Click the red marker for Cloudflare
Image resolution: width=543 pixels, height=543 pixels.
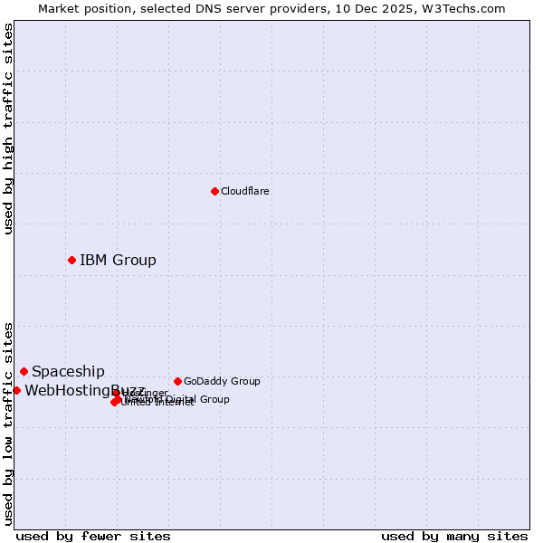click(x=214, y=191)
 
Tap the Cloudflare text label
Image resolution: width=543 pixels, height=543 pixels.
click(x=245, y=192)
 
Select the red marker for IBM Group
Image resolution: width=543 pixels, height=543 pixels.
click(x=71, y=260)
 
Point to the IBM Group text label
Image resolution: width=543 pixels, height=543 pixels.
click(x=118, y=261)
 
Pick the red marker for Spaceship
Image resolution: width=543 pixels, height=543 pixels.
click(x=24, y=371)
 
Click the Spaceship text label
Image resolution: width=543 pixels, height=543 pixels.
click(x=68, y=372)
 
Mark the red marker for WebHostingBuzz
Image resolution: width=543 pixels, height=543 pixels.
click(x=16, y=390)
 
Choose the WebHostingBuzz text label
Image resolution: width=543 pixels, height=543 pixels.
click(x=72, y=391)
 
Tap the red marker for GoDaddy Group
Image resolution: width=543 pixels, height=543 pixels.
click(x=177, y=381)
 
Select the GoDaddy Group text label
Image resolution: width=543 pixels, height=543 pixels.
click(x=222, y=382)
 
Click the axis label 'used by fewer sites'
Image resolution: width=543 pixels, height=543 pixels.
click(x=93, y=537)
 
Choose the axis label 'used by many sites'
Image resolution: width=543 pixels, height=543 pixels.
click(x=454, y=537)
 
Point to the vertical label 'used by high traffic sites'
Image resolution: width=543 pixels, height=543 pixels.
click(x=8, y=129)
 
